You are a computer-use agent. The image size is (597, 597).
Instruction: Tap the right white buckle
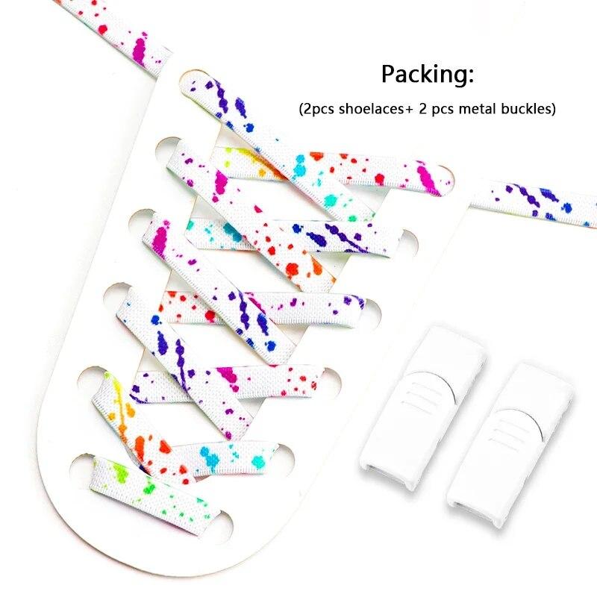pos(510,445)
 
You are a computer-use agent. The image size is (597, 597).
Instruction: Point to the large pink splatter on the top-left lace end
pos(140,49)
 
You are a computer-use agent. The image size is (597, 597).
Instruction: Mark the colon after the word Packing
pos(472,76)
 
